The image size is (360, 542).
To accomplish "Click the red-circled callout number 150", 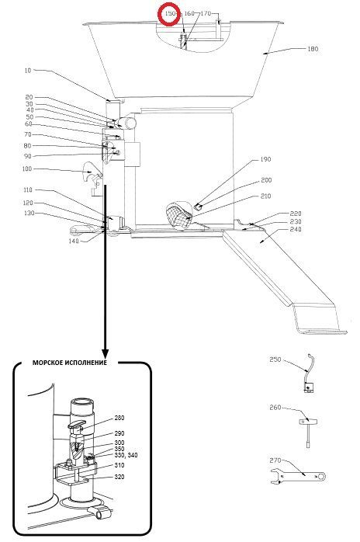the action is (171, 13).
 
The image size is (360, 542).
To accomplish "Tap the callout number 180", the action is (313, 49).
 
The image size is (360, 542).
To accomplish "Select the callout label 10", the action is (28, 71).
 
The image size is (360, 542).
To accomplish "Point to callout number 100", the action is (26, 169).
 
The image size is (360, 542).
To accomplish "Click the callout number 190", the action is (265, 159).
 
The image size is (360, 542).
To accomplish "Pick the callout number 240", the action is (296, 229).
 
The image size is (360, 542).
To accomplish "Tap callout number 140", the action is (74, 241).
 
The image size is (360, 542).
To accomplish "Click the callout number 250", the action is (275, 360).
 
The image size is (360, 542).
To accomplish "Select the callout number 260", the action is (275, 408).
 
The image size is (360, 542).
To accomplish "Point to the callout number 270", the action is (275, 460).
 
